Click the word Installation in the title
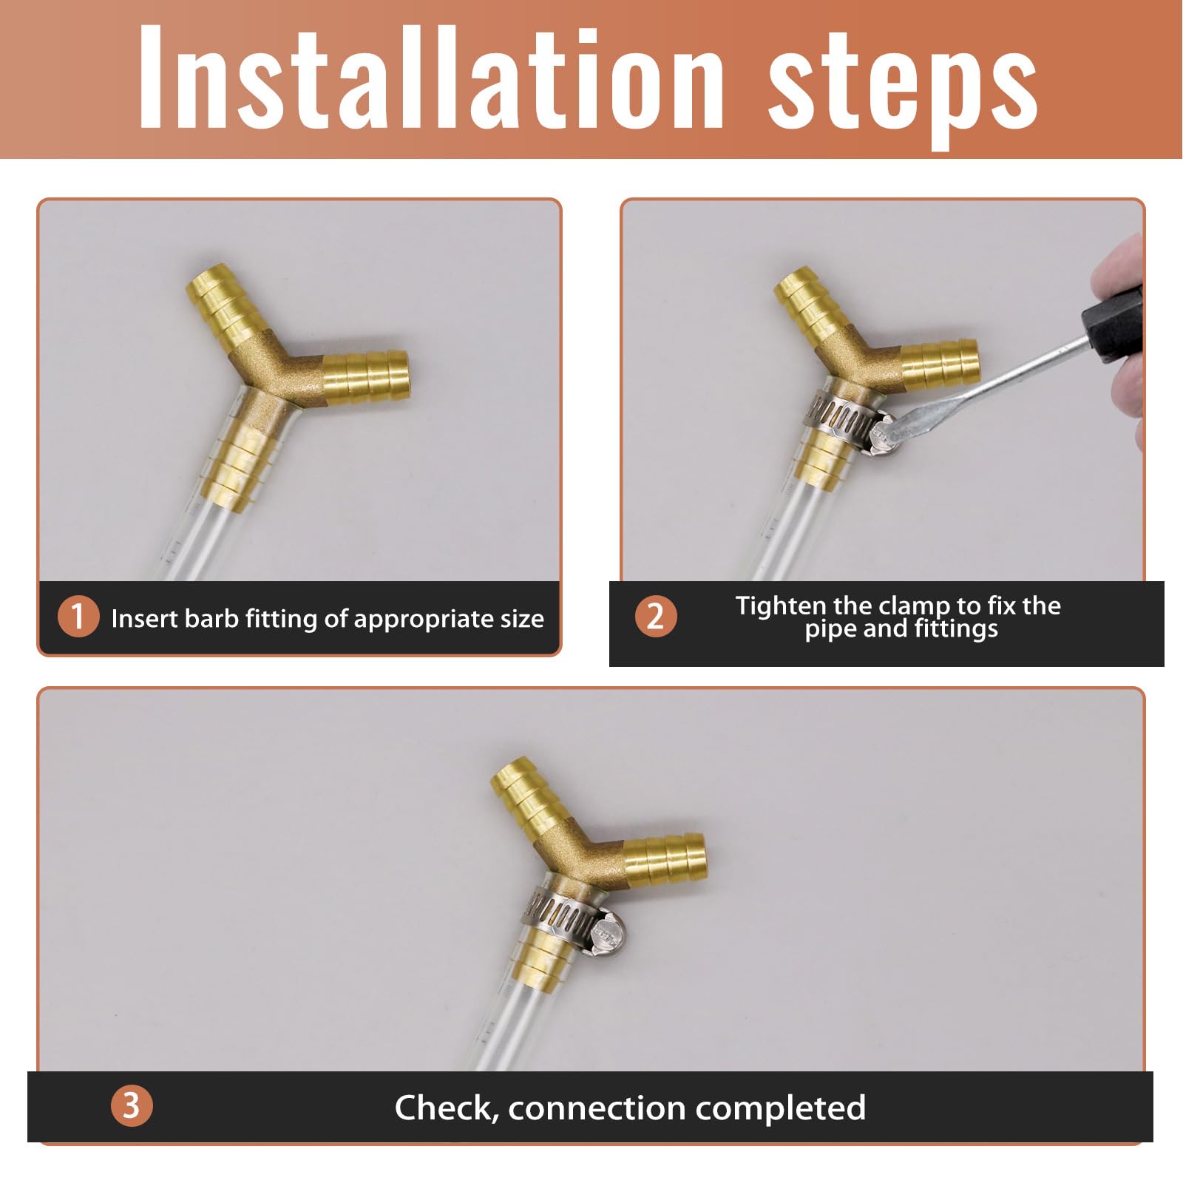click(429, 78)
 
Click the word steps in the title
click(902, 85)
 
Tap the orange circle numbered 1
click(78, 616)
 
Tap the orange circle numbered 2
click(655, 616)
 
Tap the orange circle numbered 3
click(131, 1105)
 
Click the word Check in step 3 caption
click(444, 1108)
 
